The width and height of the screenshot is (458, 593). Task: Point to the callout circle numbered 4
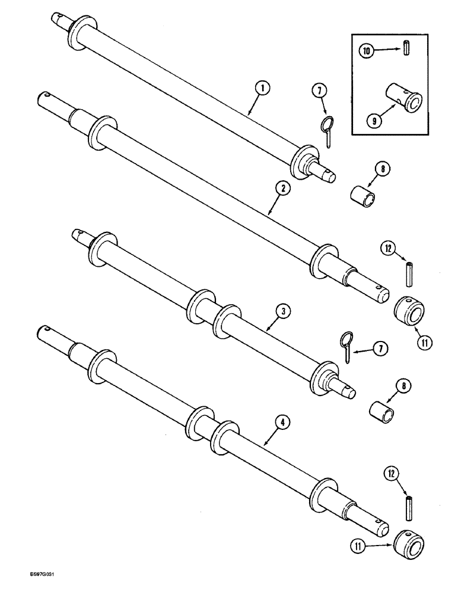click(284, 422)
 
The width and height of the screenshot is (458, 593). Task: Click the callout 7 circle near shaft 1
click(320, 91)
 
